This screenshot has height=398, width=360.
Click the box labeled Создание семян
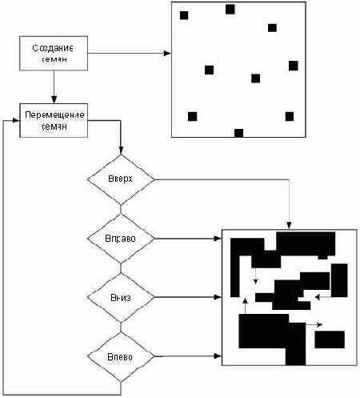click(54, 54)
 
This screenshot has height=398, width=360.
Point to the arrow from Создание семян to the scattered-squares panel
click(128, 54)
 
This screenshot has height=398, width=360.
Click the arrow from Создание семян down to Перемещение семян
click(54, 86)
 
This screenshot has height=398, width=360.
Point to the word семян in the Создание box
click(54, 60)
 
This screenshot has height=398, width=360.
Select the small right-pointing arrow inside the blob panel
click(314, 324)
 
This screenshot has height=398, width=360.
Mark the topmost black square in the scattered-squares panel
click(230, 10)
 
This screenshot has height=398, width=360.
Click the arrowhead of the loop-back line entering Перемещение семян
click(18, 120)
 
